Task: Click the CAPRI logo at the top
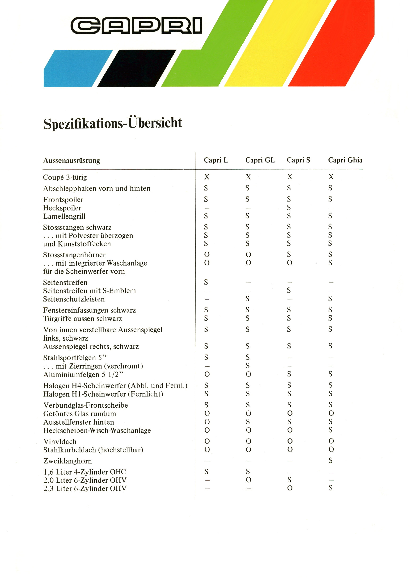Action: pyautogui.click(x=136, y=25)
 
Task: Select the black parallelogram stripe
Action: pyautogui.click(x=137, y=68)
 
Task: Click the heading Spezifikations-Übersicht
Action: pyautogui.click(x=112, y=123)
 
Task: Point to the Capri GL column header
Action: pyautogui.click(x=260, y=160)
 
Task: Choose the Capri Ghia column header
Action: pyautogui.click(x=345, y=160)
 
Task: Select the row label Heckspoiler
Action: pyautogui.click(x=62, y=208)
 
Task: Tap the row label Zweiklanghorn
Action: pyautogui.click(x=67, y=461)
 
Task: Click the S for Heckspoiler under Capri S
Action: pyautogui.click(x=289, y=208)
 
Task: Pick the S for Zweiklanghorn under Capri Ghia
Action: pyautogui.click(x=330, y=460)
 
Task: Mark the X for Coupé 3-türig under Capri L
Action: pyautogui.click(x=207, y=177)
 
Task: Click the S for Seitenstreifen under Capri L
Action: pyautogui.click(x=206, y=282)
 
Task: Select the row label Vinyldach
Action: pyautogui.click(x=60, y=442)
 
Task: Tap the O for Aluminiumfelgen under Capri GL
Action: pyautogui.click(x=248, y=374)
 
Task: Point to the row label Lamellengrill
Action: pyautogui.click(x=64, y=216)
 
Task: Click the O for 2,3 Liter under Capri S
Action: pyautogui.click(x=290, y=488)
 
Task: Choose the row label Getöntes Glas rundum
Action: pyautogui.click(x=80, y=414)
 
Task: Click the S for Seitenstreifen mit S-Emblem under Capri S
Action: pyautogui.click(x=289, y=290)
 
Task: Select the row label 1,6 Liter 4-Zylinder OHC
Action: pyautogui.click(x=85, y=472)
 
